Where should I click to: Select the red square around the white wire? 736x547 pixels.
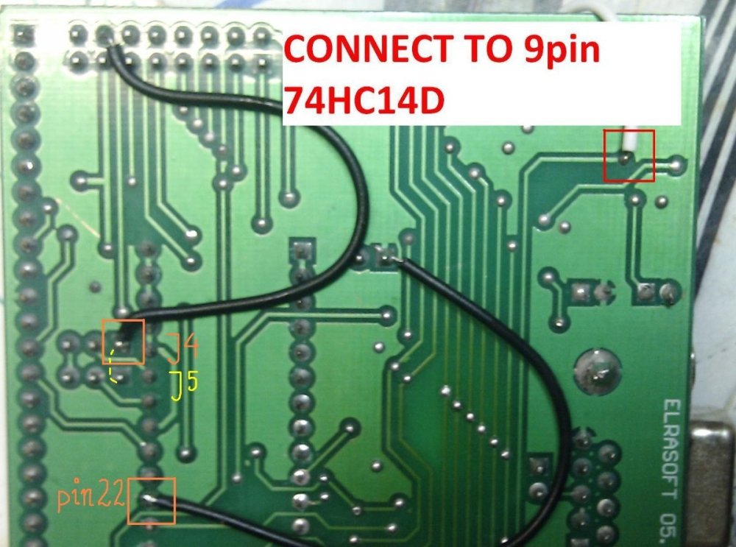tap(629, 155)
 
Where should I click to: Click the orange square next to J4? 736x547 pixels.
tap(124, 342)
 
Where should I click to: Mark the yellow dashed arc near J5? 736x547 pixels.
tap(113, 368)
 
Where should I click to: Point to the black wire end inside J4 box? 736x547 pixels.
tap(121, 340)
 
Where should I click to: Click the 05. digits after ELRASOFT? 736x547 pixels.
tap(670, 526)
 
